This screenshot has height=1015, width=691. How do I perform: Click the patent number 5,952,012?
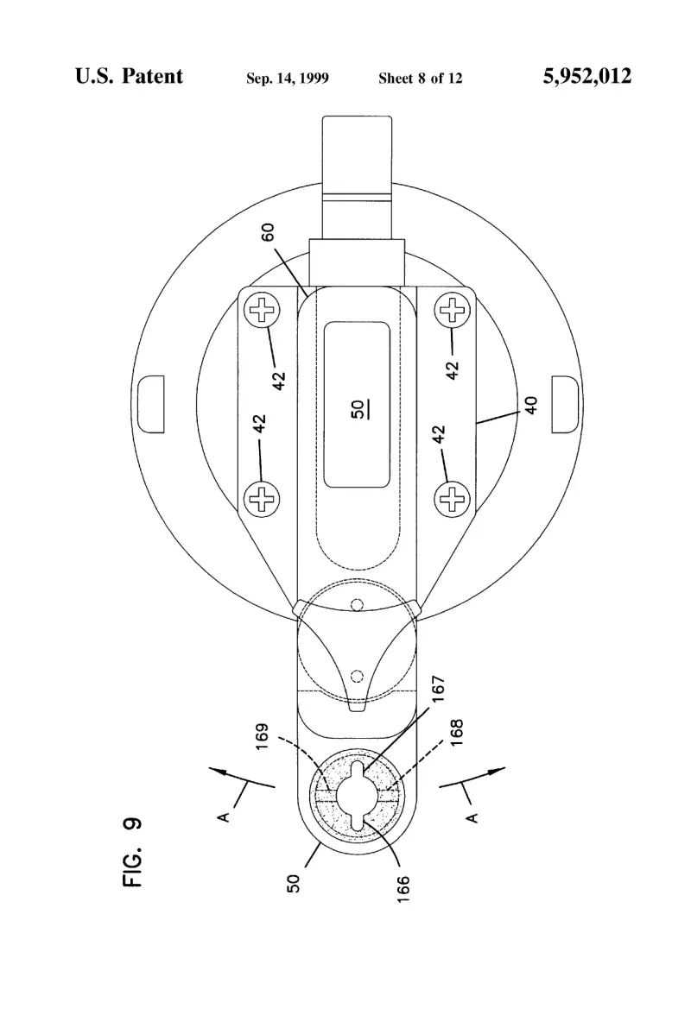tap(586, 77)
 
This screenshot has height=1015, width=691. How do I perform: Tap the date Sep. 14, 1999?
tap(287, 79)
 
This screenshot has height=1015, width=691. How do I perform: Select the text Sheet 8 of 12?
tap(421, 79)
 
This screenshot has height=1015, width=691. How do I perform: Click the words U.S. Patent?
tap(129, 76)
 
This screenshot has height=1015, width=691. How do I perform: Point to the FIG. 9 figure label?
tap(132, 853)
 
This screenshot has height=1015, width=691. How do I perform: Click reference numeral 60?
tap(268, 231)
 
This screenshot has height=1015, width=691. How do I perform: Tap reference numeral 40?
tap(531, 406)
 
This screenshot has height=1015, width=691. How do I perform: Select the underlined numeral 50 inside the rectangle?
tap(358, 409)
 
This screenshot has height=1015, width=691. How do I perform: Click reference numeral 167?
tap(439, 689)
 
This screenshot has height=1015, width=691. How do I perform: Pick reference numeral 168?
tap(457, 732)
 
